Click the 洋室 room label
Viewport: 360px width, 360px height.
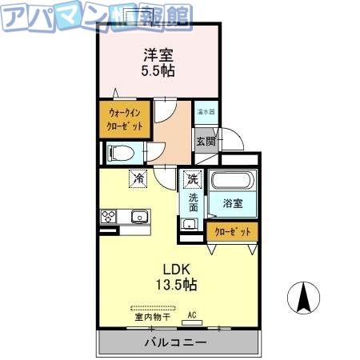[159, 54]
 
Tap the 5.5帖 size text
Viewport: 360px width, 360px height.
[159, 70]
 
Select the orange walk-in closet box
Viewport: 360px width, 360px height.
[125, 120]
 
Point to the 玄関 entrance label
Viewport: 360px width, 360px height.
[205, 142]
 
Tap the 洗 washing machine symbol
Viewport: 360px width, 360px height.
[192, 179]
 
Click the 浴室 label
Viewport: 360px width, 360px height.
[233, 203]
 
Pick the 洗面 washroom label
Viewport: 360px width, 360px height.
[194, 203]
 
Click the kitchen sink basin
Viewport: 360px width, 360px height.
[139, 216]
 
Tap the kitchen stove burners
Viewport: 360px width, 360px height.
[109, 216]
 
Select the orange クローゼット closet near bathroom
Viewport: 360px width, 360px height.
[232, 231]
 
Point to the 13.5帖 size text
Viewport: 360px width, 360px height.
[177, 284]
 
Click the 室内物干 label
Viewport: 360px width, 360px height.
[151, 317]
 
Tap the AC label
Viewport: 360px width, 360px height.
[191, 314]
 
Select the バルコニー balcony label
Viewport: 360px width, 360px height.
[176, 342]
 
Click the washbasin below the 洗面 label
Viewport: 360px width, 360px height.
[190, 223]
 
